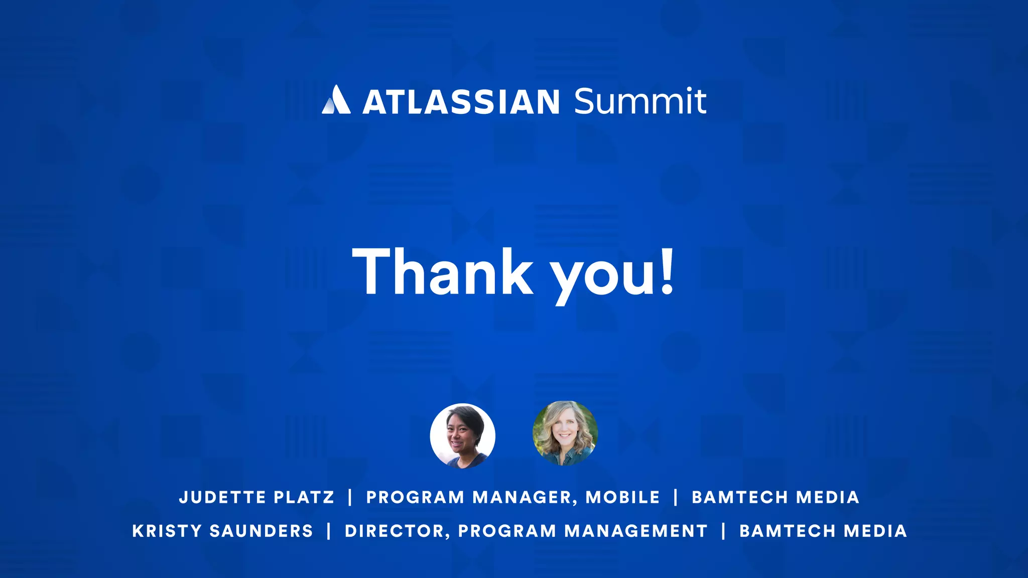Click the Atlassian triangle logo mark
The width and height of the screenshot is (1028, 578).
point(336,100)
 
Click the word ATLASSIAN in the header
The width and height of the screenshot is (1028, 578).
point(461,102)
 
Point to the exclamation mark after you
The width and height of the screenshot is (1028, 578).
point(667,271)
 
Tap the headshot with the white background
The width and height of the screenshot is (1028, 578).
point(462,436)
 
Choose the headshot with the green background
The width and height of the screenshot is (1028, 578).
point(565,433)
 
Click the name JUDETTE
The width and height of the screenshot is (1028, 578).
point(222,497)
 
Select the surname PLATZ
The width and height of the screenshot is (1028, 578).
point(304,497)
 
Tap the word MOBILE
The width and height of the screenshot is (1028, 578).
point(622,497)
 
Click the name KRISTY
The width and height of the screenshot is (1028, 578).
point(167,531)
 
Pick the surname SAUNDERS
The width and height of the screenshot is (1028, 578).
point(261,531)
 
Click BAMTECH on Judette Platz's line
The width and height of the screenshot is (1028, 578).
point(739,497)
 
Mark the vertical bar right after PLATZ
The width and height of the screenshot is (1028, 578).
point(350,497)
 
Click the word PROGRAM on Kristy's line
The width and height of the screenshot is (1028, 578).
point(507,531)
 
